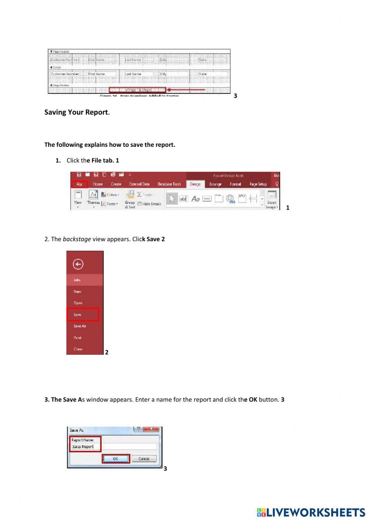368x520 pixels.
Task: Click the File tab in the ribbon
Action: tap(79, 184)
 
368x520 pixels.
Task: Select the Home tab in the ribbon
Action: tap(98, 184)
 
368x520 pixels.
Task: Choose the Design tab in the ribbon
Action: tap(195, 184)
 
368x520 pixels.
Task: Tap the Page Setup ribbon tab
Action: tap(258, 184)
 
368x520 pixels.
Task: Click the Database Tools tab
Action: tap(169, 184)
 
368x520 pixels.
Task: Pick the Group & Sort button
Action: tap(130, 199)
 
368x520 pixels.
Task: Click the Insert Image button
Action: tap(272, 199)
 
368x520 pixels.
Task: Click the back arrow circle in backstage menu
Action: tap(78, 264)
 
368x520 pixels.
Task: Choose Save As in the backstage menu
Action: tap(79, 326)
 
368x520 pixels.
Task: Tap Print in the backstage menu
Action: tap(78, 337)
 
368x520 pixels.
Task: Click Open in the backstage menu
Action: tap(78, 303)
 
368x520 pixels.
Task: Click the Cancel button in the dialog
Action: tap(144, 459)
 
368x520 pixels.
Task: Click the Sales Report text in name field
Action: tap(83, 446)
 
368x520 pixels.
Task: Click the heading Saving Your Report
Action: tap(77, 112)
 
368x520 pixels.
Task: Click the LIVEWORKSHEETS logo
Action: tap(311, 512)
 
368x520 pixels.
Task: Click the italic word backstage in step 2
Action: tap(77, 239)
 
